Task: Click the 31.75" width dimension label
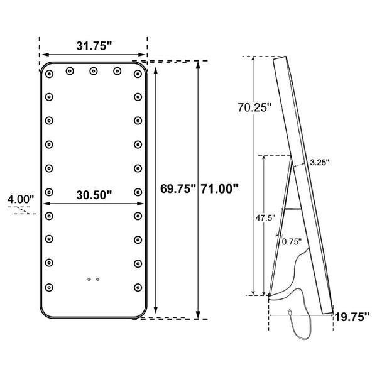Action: pos(94,46)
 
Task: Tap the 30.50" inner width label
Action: pos(94,195)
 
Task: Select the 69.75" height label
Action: pos(178,188)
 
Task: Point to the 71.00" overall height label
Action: pos(219,188)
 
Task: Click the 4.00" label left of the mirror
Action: pos(21,199)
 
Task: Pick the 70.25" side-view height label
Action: pos(254,107)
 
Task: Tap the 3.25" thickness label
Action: pos(320,163)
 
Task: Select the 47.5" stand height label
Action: pos(265,218)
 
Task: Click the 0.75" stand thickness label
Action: pos(292,242)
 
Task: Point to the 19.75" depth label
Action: pos(352,317)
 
